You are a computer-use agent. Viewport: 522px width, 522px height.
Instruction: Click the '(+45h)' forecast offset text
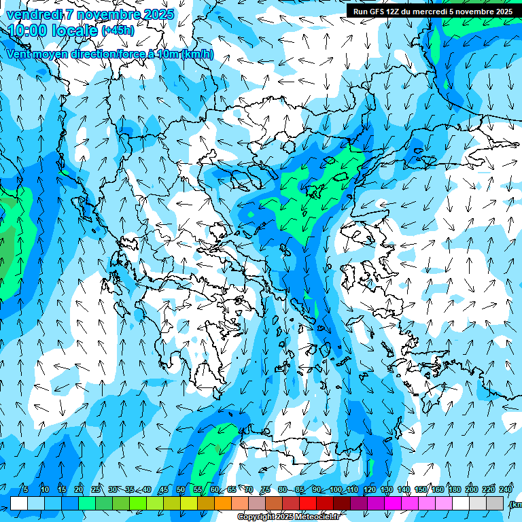click(x=118, y=31)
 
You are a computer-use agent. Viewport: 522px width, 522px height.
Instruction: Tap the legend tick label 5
click(x=26, y=489)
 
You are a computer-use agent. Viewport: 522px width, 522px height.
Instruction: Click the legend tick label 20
click(x=79, y=489)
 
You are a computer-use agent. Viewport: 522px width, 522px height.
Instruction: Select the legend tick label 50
click(x=181, y=489)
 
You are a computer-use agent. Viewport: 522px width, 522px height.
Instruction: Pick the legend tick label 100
click(x=336, y=489)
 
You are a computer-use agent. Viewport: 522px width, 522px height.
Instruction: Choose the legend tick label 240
click(x=506, y=489)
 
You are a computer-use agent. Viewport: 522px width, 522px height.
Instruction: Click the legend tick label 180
click(x=454, y=489)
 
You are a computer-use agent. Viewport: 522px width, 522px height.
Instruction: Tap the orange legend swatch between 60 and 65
click(x=223, y=503)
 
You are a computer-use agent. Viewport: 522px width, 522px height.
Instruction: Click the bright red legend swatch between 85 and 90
click(x=308, y=503)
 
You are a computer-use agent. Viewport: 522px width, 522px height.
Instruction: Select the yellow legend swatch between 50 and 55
click(x=189, y=503)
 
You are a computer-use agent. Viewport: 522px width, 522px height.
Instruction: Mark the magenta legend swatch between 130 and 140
click(x=393, y=503)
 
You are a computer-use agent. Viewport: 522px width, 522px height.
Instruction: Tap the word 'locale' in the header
click(x=75, y=31)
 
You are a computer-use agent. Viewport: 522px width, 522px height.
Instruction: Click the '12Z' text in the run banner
click(x=394, y=12)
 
